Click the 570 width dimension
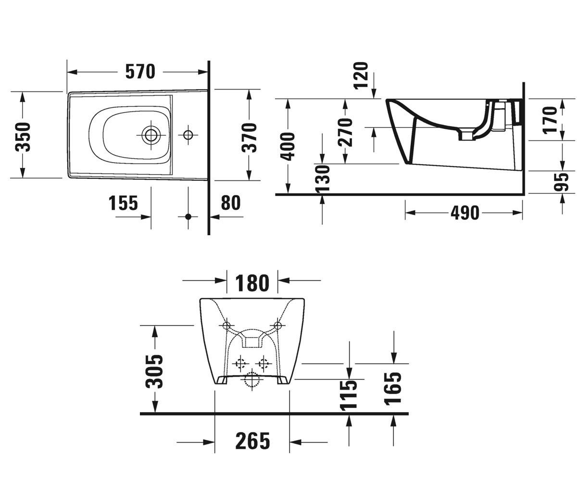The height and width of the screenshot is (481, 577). [140, 72]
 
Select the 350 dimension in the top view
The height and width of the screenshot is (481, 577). [23, 137]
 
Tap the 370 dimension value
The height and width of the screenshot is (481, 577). [249, 138]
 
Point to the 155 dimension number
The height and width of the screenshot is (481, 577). [123, 203]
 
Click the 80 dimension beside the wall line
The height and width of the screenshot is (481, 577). [231, 203]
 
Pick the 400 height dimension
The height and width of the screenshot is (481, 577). [288, 147]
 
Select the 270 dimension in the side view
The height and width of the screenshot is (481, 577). [345, 132]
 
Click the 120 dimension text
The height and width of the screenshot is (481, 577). [361, 75]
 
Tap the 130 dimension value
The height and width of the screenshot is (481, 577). [323, 178]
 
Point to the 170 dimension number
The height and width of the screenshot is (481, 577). [550, 120]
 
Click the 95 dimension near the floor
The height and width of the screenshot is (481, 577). [561, 182]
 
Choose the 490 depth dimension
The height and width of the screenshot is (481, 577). [465, 213]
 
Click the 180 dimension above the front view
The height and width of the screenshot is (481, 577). [252, 283]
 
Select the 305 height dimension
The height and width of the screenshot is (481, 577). [154, 371]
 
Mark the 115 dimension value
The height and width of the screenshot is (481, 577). [349, 395]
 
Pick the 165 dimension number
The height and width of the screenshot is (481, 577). [393, 389]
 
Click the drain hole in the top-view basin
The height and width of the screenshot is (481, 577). [151, 135]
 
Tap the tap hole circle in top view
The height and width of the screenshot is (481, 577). [188, 135]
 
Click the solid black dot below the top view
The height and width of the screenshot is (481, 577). [188, 217]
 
